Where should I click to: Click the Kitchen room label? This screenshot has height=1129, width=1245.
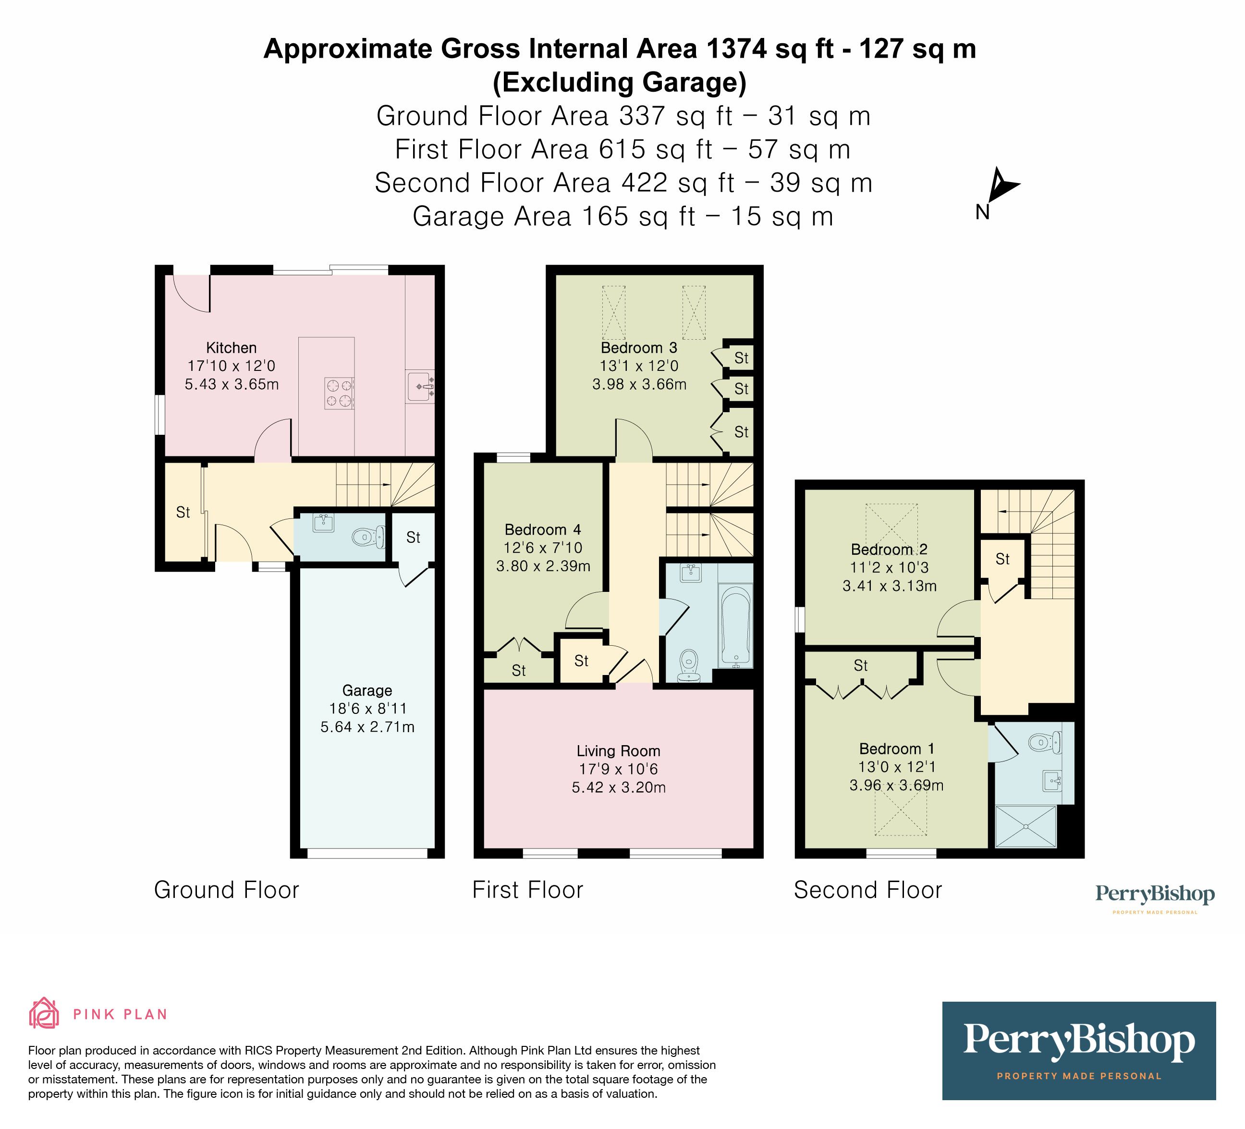231,348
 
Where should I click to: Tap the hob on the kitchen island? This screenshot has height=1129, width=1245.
340,393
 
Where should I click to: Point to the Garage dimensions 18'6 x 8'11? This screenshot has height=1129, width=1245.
367,709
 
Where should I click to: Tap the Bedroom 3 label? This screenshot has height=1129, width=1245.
638,348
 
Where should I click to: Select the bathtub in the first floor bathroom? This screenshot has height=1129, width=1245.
735,625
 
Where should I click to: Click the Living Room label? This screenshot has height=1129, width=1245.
618,751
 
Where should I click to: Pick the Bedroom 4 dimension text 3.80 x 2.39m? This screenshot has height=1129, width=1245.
543,566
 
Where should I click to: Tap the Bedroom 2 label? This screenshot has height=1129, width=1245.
889,549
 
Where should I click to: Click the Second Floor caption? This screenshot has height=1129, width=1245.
867,890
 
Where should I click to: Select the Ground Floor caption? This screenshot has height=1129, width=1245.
227,890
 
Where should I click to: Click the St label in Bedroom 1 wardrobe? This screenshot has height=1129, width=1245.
860,665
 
